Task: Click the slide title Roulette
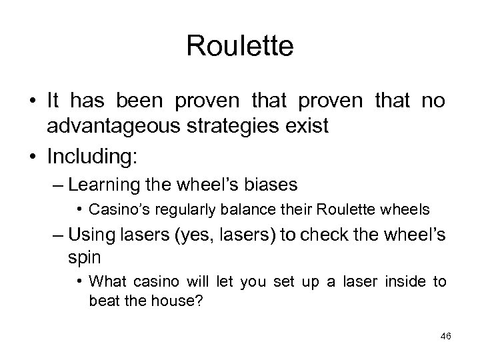239,46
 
